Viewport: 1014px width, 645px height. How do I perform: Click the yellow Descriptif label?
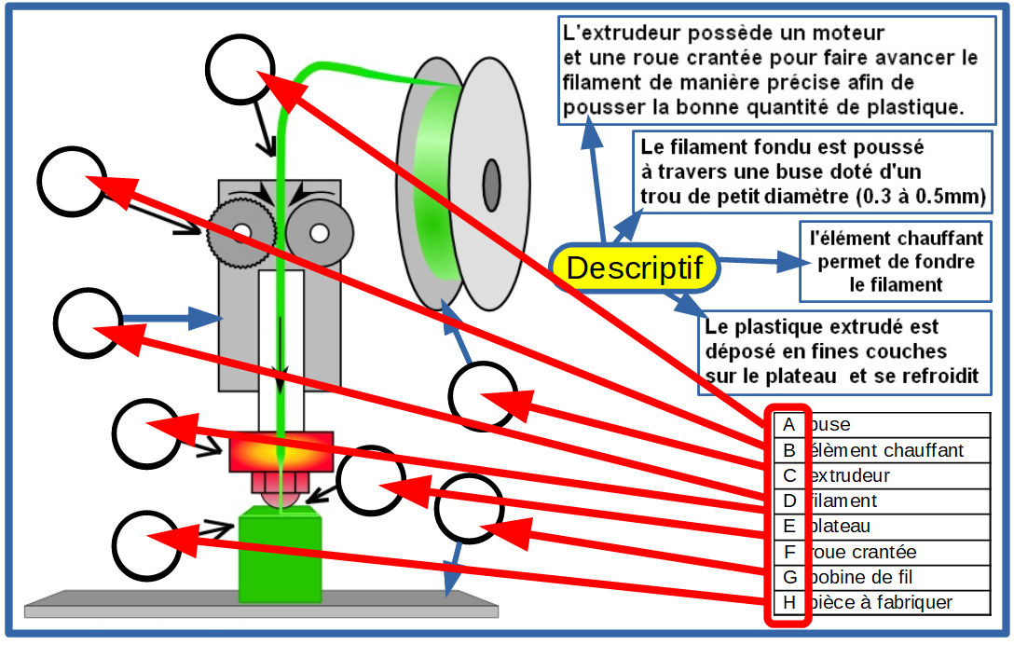click(634, 268)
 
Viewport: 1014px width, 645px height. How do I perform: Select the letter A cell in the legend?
click(788, 425)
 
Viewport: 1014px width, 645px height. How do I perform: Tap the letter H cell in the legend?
click(788, 603)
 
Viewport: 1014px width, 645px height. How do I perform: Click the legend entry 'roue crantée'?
click(864, 553)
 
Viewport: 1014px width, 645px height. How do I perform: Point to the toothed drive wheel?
click(241, 229)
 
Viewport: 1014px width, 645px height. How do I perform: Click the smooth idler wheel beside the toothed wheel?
click(318, 229)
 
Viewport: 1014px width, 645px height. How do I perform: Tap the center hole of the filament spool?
click(490, 178)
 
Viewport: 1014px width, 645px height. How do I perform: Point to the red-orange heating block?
click(281, 451)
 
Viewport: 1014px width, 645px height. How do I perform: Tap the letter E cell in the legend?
click(788, 527)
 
